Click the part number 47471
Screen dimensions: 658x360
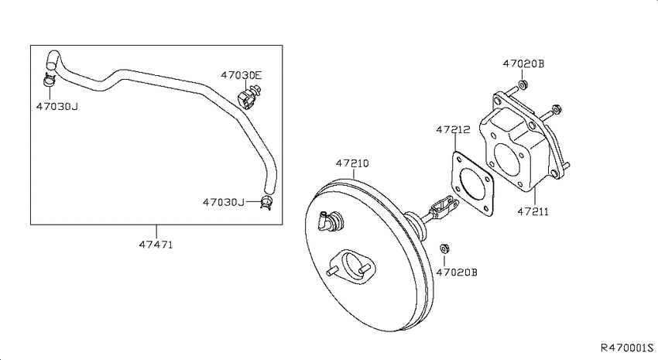(156, 244)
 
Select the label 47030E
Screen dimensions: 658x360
(242, 75)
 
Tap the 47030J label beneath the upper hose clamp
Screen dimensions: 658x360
(57, 106)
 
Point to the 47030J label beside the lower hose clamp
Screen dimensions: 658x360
(224, 202)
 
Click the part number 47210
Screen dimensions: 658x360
(352, 163)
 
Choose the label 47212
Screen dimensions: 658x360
(453, 129)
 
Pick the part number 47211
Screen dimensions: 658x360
(533, 211)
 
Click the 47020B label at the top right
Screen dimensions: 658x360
(523, 63)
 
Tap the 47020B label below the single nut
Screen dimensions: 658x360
(457, 273)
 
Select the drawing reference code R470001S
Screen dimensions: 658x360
(627, 348)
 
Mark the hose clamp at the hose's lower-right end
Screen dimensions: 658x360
(266, 202)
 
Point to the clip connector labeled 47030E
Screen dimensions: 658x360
(248, 97)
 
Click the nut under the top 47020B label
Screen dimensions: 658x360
(523, 84)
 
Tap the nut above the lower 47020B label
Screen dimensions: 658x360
(445, 249)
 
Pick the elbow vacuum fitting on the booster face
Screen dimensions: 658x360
(331, 221)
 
